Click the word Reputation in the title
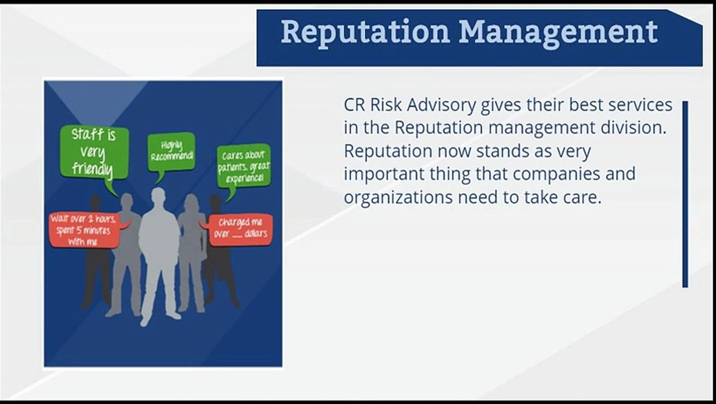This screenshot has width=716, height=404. coord(365,32)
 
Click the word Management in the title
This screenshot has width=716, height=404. coord(558,32)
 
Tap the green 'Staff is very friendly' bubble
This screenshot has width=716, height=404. coord(94,151)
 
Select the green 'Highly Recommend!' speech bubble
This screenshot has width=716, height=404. coord(171,151)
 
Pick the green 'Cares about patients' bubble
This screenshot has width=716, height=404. coord(244,166)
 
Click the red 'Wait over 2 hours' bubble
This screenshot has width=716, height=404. coord(84,229)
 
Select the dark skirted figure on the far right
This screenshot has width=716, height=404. coord(220,264)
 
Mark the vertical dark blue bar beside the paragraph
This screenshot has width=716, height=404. coord(685,194)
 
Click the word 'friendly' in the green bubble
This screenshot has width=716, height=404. coord(93,169)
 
